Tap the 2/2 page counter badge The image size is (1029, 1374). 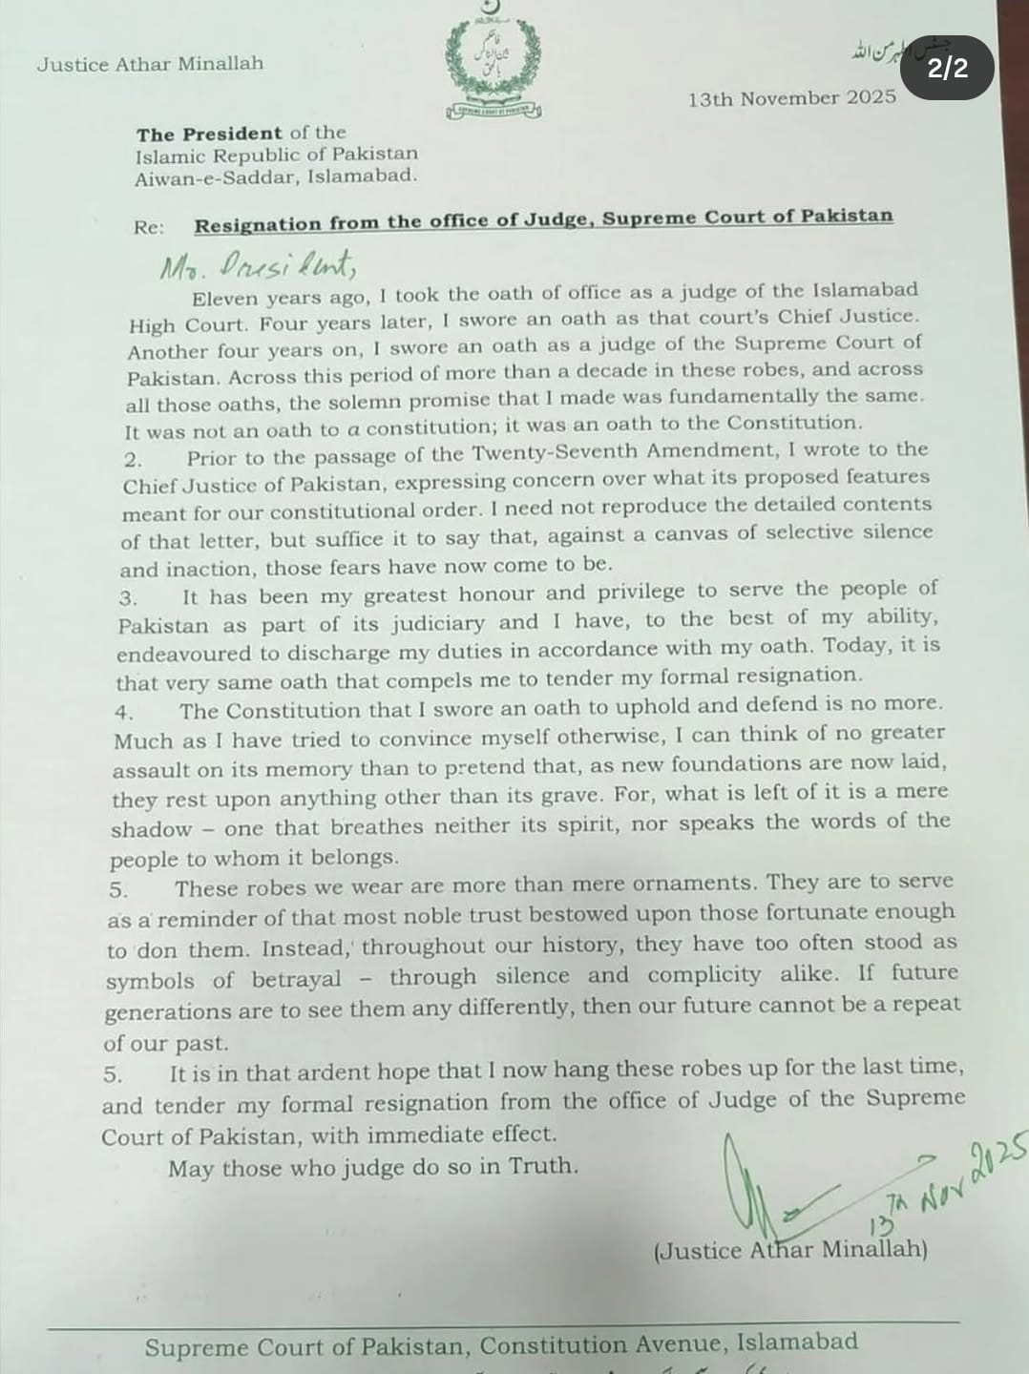(x=947, y=68)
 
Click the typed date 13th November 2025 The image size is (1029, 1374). (x=791, y=98)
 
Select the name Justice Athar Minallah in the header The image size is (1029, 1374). (x=150, y=65)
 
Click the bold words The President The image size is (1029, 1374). (x=209, y=134)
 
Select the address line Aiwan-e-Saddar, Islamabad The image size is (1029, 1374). (x=276, y=177)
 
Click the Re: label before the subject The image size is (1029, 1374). (x=148, y=227)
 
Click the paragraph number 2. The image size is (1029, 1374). (x=133, y=460)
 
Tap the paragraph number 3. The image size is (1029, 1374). (x=128, y=599)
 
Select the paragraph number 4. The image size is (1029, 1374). (x=124, y=713)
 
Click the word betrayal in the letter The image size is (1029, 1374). (x=296, y=980)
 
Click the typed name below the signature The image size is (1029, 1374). (x=790, y=1250)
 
